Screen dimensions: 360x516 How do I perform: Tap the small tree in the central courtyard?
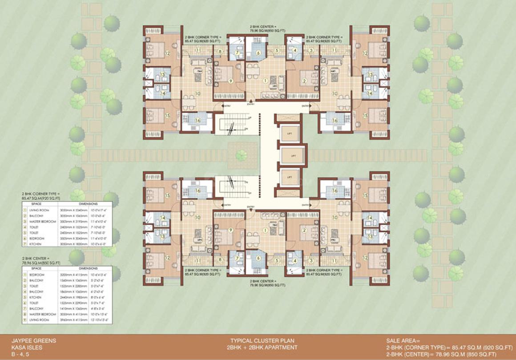pos(242,155)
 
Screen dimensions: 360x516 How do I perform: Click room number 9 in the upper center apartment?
pos(230,81)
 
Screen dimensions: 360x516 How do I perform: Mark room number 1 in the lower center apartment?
pos(266,230)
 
